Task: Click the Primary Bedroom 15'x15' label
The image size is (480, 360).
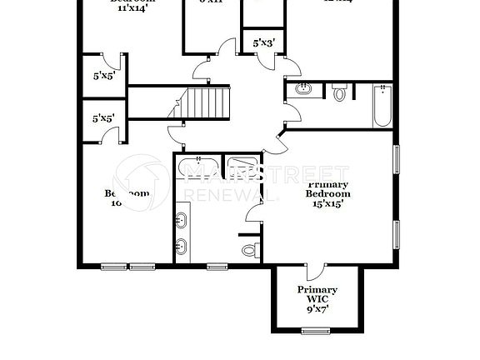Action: tap(328, 193)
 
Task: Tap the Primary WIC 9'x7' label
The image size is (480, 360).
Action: tap(317, 297)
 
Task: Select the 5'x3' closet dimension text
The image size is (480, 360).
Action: tap(255, 41)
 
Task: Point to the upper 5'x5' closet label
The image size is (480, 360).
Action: tap(104, 75)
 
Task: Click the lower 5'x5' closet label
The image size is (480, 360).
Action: tap(104, 118)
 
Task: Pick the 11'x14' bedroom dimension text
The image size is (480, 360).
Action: tap(133, 10)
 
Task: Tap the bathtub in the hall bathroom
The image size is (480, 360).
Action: tap(382, 106)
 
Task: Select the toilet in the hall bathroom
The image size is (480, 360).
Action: tap(339, 93)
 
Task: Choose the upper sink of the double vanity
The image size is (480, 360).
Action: tap(182, 220)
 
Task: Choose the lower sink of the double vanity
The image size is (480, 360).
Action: tap(182, 247)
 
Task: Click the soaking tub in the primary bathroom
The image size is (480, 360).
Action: tap(198, 168)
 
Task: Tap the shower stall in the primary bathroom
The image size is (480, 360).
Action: tap(243, 170)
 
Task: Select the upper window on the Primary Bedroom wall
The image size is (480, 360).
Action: tap(396, 158)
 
